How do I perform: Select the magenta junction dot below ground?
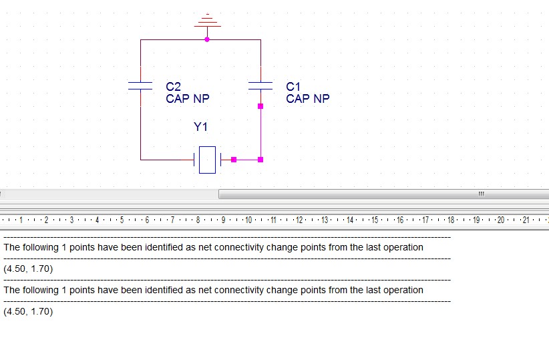pos(207,39)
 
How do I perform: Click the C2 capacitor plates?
pos(140,85)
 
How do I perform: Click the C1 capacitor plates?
pos(260,85)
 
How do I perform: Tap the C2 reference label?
pos(173,87)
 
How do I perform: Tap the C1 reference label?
pos(293,87)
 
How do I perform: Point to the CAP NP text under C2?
pos(188,99)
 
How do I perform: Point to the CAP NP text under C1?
pos(308,99)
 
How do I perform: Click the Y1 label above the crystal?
pos(200,126)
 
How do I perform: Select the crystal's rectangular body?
pos(207,160)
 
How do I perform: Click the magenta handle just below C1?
pos(260,106)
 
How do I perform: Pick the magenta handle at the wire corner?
pos(260,160)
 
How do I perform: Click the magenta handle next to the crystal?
pos(234,160)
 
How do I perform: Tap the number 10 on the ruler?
pos(248,220)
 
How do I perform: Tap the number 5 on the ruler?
pos(122,220)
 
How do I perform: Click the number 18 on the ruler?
pos(451,220)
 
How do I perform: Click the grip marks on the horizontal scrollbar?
pos(482,194)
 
